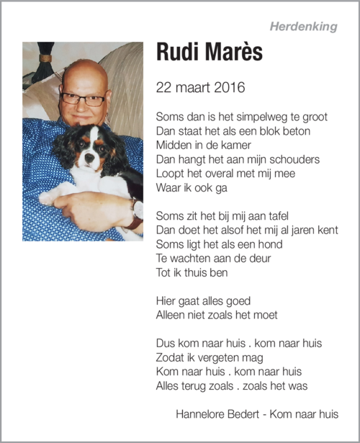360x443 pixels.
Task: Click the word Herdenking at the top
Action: coord(303,27)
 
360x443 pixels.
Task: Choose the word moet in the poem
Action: coord(263,315)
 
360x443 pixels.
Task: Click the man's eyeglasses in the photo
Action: coord(84,99)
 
